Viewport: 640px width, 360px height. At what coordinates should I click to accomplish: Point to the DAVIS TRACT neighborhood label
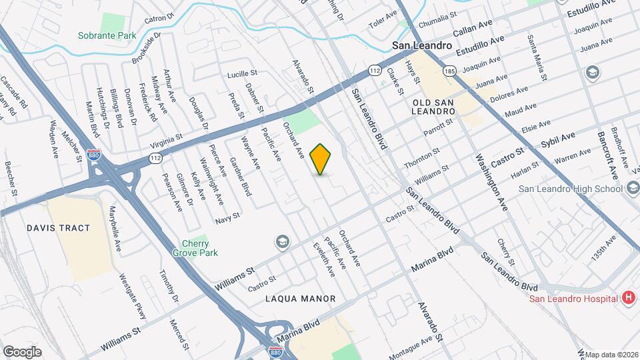tap(58, 228)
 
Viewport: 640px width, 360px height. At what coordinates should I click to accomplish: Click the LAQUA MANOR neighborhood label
tap(300, 299)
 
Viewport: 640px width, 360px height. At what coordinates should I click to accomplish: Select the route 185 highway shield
tap(451, 70)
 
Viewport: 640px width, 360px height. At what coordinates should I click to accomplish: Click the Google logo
tap(22, 351)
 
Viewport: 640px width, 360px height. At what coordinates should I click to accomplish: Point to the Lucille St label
tap(242, 73)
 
